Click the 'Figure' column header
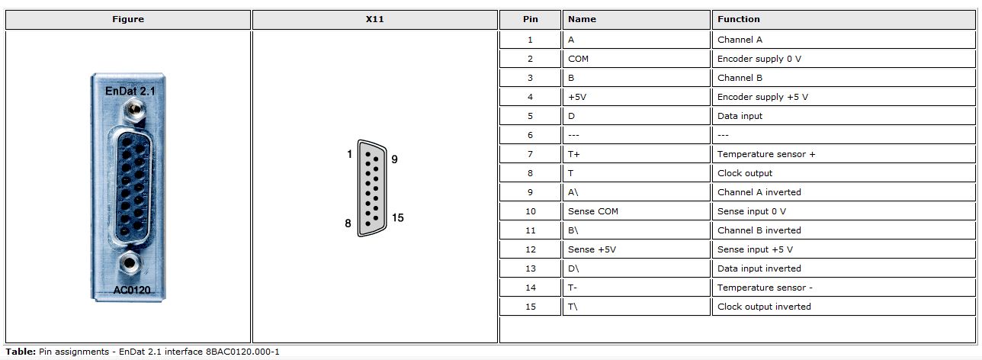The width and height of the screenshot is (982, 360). [x=128, y=19]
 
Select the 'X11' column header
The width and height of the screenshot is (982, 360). [x=374, y=19]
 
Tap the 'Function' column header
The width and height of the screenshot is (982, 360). [x=738, y=19]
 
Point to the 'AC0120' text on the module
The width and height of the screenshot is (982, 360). [x=127, y=289]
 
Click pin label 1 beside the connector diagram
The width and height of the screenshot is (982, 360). [x=349, y=154]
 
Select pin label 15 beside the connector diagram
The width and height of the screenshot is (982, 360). [x=397, y=217]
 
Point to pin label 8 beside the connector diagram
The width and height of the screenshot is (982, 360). [x=348, y=223]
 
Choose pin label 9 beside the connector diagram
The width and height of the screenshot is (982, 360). [x=394, y=159]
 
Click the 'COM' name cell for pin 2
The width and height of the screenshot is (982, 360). [x=578, y=59]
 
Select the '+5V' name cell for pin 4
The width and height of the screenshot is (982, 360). [x=576, y=97]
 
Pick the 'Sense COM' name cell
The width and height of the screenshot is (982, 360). [x=592, y=211]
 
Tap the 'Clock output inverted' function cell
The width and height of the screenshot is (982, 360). [x=764, y=307]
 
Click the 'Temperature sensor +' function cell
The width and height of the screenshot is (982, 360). [x=765, y=154]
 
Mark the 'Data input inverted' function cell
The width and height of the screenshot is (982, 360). [x=759, y=268]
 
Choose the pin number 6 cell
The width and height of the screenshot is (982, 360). [x=530, y=135]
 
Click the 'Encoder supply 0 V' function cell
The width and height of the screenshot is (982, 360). [x=759, y=59]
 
